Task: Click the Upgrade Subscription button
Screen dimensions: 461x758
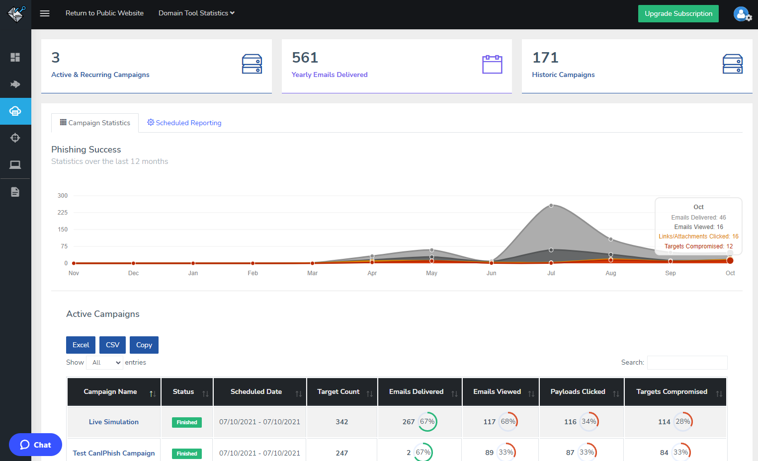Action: tap(678, 13)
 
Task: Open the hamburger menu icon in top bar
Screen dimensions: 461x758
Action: tap(45, 13)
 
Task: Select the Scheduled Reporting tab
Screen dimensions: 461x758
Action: tap(184, 123)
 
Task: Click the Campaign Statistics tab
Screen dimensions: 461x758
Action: tap(95, 123)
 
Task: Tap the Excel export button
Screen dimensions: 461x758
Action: tap(81, 345)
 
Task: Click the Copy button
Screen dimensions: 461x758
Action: tap(144, 345)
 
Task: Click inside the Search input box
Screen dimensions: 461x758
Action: tap(687, 363)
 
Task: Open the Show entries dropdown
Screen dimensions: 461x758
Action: tap(105, 363)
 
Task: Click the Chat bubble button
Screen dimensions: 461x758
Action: tap(35, 445)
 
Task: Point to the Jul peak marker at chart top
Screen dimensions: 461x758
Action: tap(551, 205)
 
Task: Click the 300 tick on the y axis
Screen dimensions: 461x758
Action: tap(63, 196)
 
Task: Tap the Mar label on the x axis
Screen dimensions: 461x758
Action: tap(312, 273)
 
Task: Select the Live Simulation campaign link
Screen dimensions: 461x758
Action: tap(114, 422)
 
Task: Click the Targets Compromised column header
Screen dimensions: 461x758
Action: tap(672, 391)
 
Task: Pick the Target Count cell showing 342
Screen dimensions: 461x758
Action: tap(341, 422)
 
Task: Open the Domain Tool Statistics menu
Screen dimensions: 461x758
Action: tap(196, 13)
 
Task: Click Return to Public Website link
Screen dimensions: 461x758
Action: tap(104, 13)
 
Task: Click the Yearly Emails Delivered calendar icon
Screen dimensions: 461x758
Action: tap(492, 65)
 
